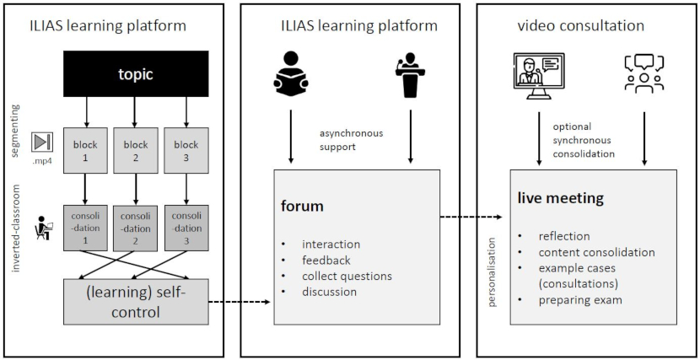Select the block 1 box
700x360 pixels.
(85, 151)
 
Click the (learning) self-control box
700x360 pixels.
(135, 301)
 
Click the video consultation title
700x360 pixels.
(580, 26)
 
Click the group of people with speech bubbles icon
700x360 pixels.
(644, 73)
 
